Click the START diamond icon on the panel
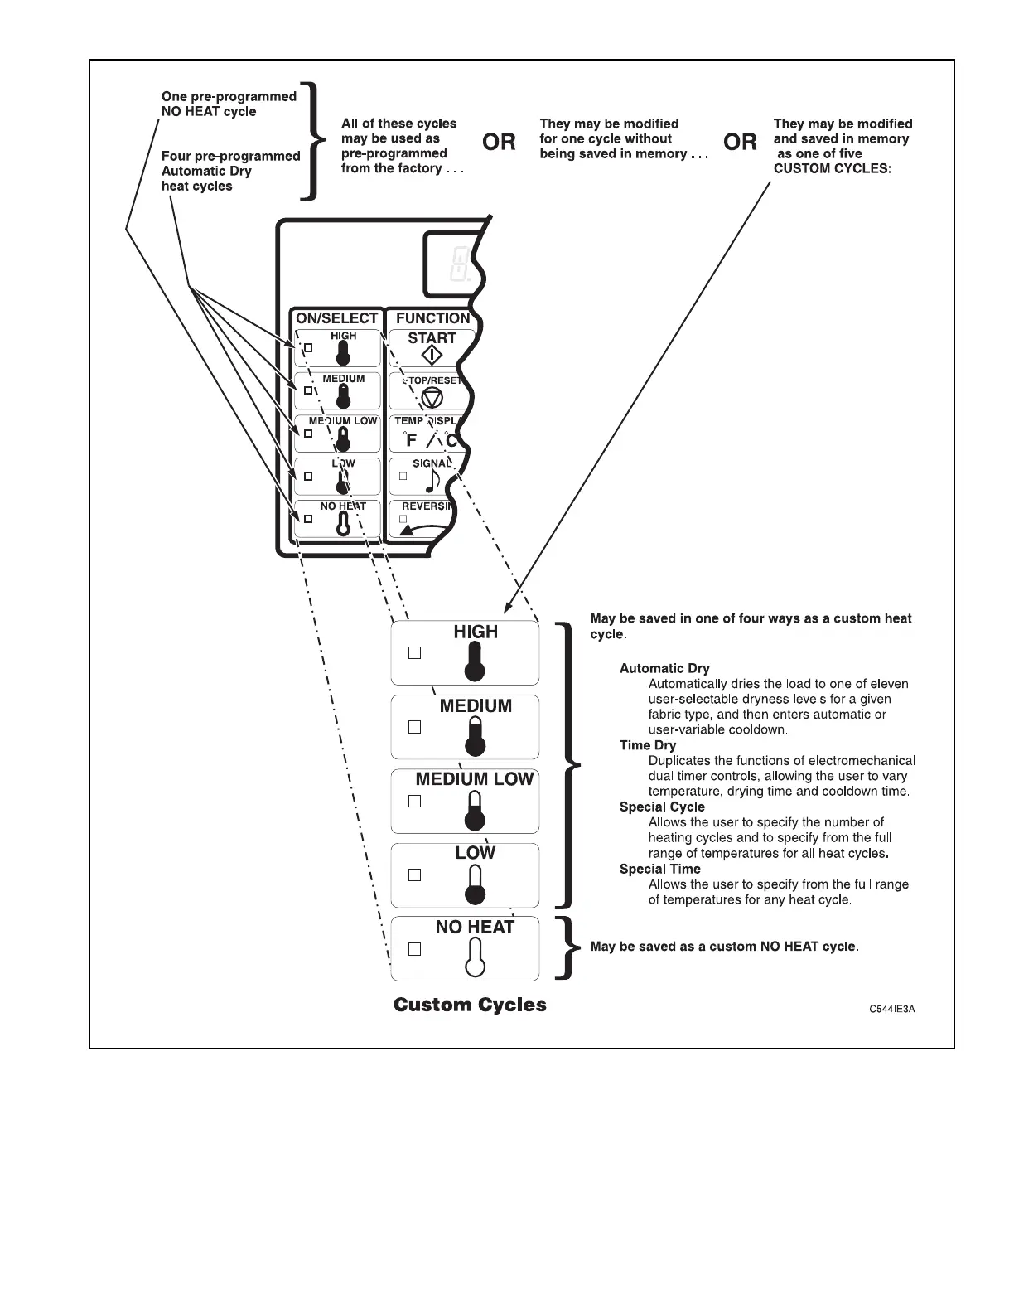432,355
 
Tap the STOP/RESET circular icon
432,398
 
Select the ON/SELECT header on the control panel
336,318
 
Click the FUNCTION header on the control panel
432,318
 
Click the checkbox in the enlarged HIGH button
415,653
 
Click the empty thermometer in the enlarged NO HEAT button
475,958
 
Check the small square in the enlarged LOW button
415,875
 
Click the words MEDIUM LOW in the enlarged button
475,779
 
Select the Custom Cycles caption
470,1005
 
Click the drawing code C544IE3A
891,1010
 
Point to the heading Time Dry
648,745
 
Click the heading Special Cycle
662,807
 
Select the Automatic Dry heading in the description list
664,668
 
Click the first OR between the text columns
499,143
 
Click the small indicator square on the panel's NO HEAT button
308,519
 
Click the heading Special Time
660,869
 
